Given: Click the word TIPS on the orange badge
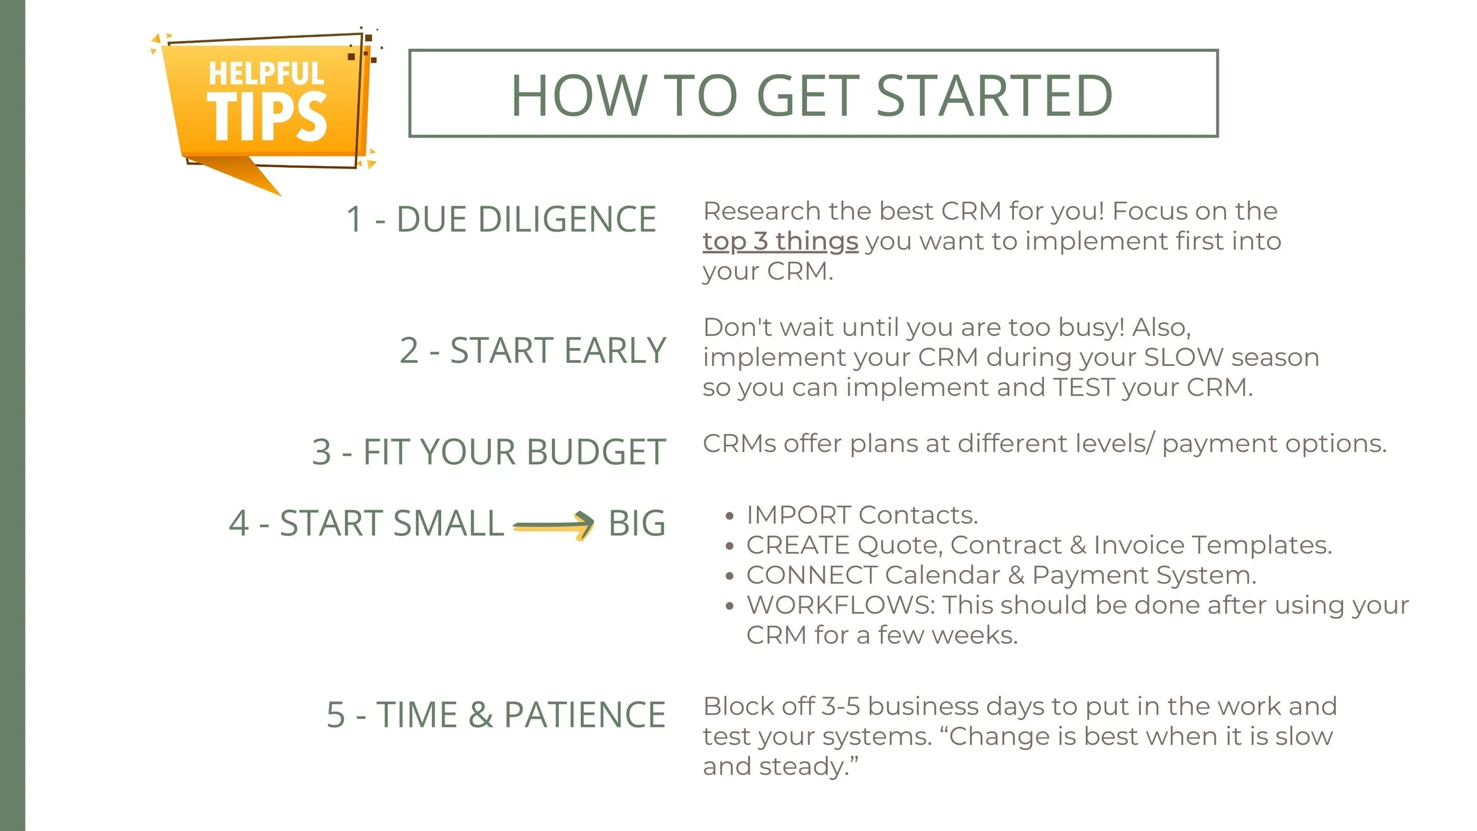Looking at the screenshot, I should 266,118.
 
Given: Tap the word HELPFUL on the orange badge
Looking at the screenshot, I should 266,74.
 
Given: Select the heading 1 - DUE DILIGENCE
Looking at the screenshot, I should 501,219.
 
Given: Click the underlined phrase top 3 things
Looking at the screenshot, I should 780,242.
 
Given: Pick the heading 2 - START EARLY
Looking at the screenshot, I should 532,350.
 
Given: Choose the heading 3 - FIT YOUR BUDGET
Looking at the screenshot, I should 489,452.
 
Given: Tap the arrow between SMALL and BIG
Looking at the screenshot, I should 554,524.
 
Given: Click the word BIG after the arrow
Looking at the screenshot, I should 637,524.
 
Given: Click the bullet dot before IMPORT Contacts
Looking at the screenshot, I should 730,517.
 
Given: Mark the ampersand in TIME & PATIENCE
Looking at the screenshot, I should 480,715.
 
